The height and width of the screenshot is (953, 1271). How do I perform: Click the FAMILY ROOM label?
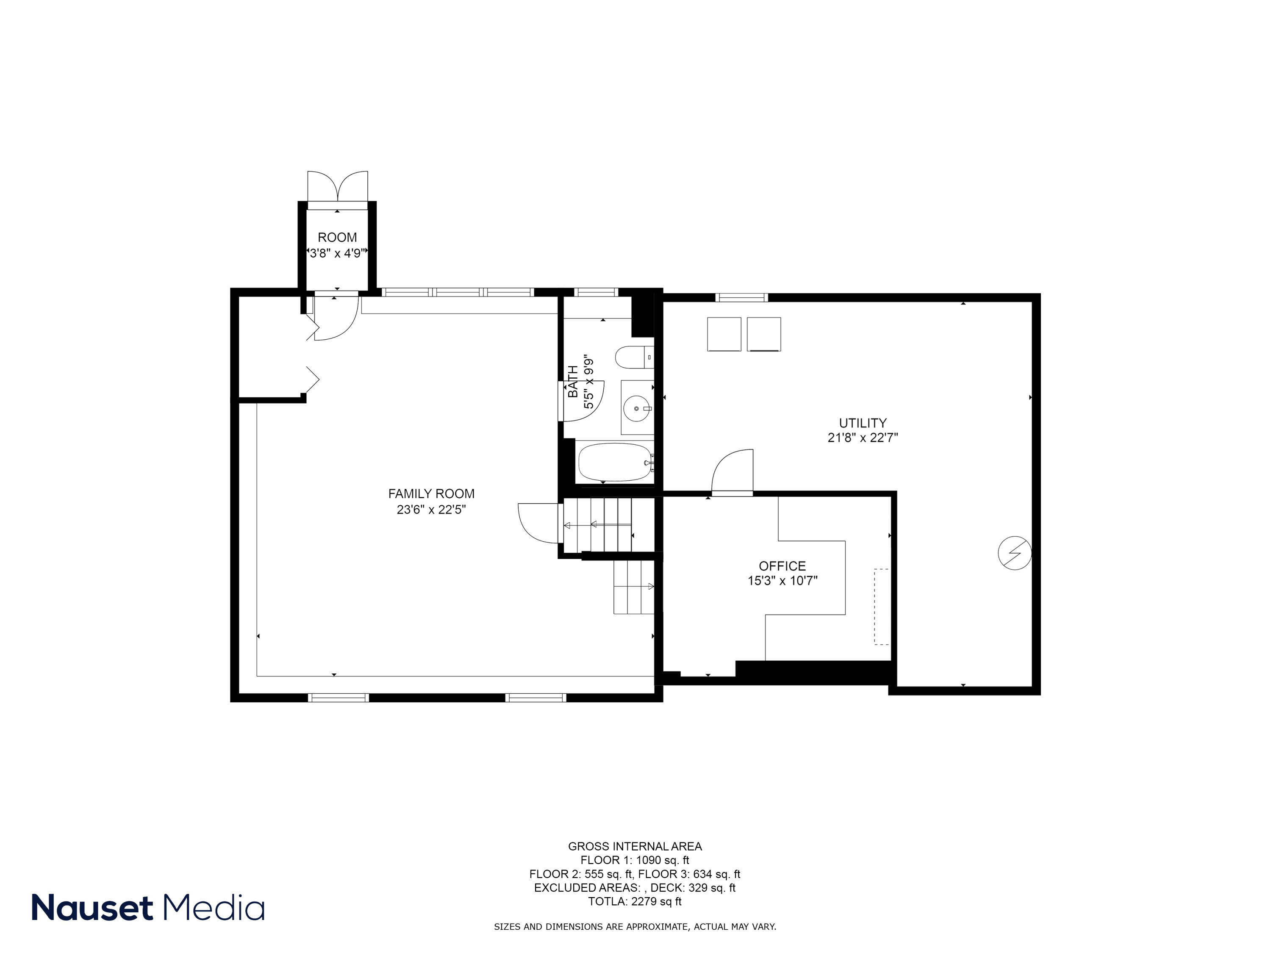coord(431,493)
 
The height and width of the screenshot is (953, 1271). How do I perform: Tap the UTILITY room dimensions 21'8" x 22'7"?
coord(863,438)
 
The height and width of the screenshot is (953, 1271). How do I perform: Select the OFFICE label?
coord(782,566)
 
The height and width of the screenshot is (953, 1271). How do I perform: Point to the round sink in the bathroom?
coord(637,408)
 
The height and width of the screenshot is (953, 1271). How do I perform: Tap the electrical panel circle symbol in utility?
coord(1014,553)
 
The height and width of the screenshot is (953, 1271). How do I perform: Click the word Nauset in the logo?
coord(92,908)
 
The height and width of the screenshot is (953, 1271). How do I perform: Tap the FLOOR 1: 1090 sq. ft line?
coord(634,860)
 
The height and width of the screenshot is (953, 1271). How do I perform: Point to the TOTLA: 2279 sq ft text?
coord(634,901)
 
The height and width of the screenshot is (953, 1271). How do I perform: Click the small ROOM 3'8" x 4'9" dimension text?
coord(337,253)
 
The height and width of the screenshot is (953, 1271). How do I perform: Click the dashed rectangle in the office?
coord(881,607)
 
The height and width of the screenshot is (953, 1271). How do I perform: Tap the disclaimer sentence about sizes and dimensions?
coord(634,927)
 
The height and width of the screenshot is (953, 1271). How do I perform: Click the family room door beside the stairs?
coord(539,521)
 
